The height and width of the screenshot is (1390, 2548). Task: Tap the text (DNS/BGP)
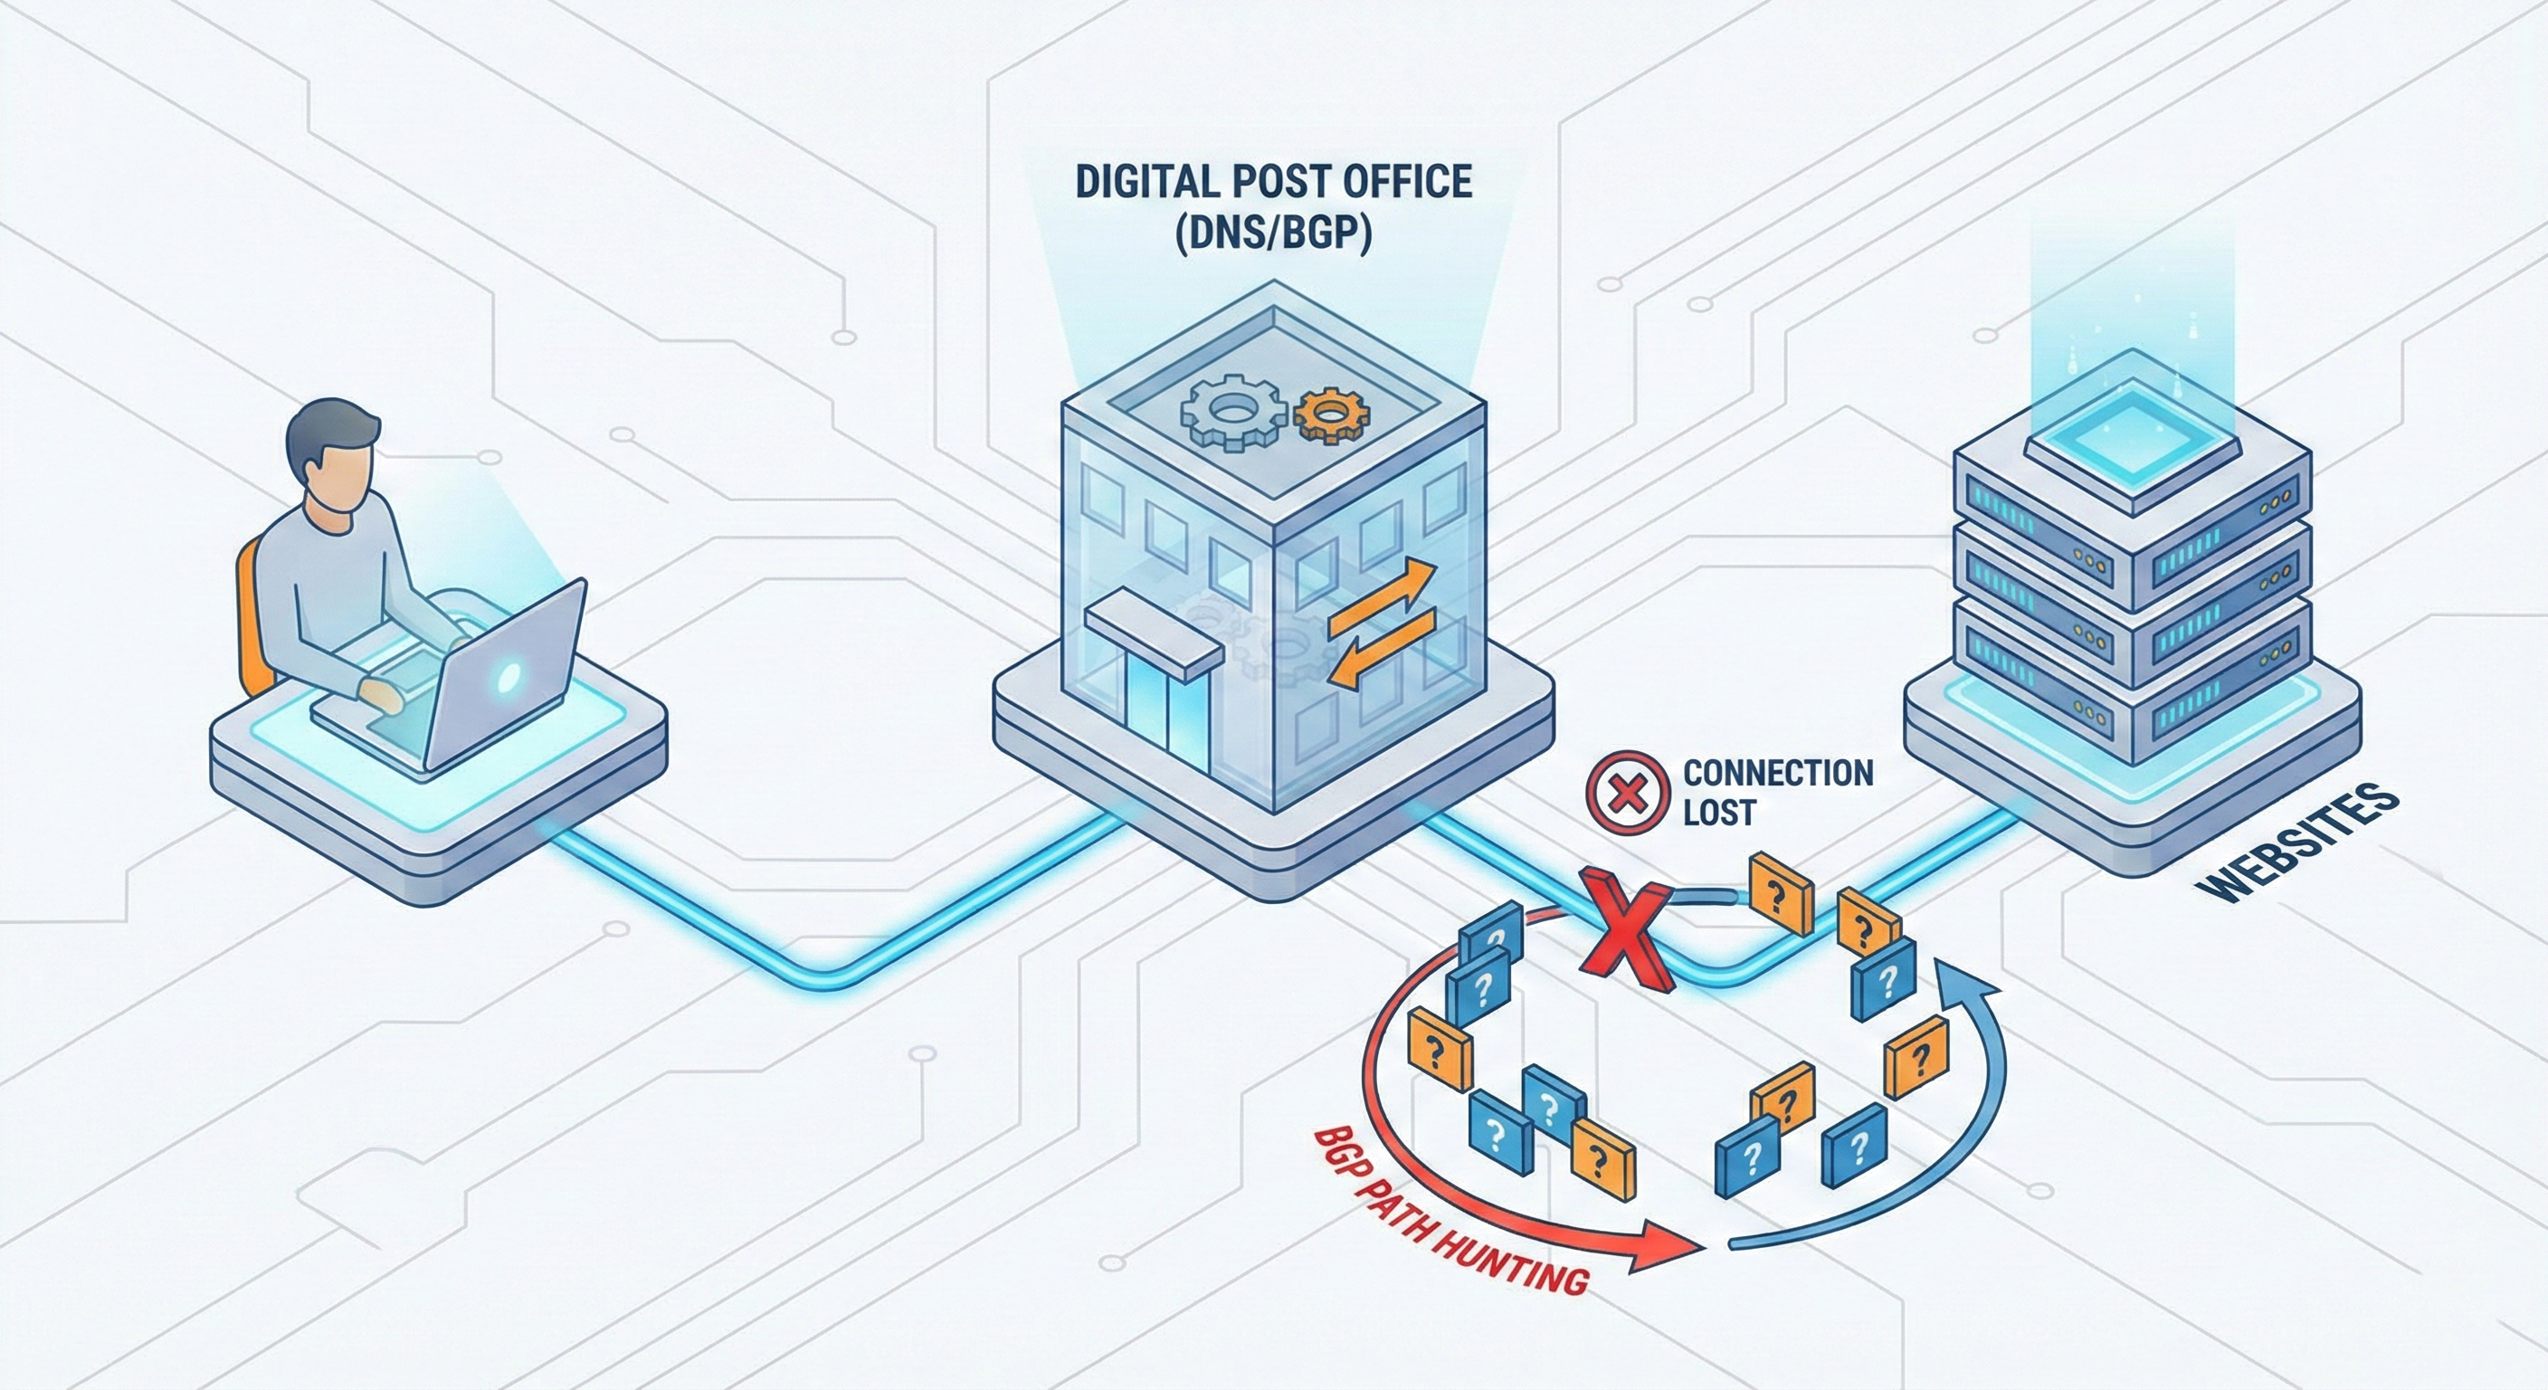[x=1273, y=238]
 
